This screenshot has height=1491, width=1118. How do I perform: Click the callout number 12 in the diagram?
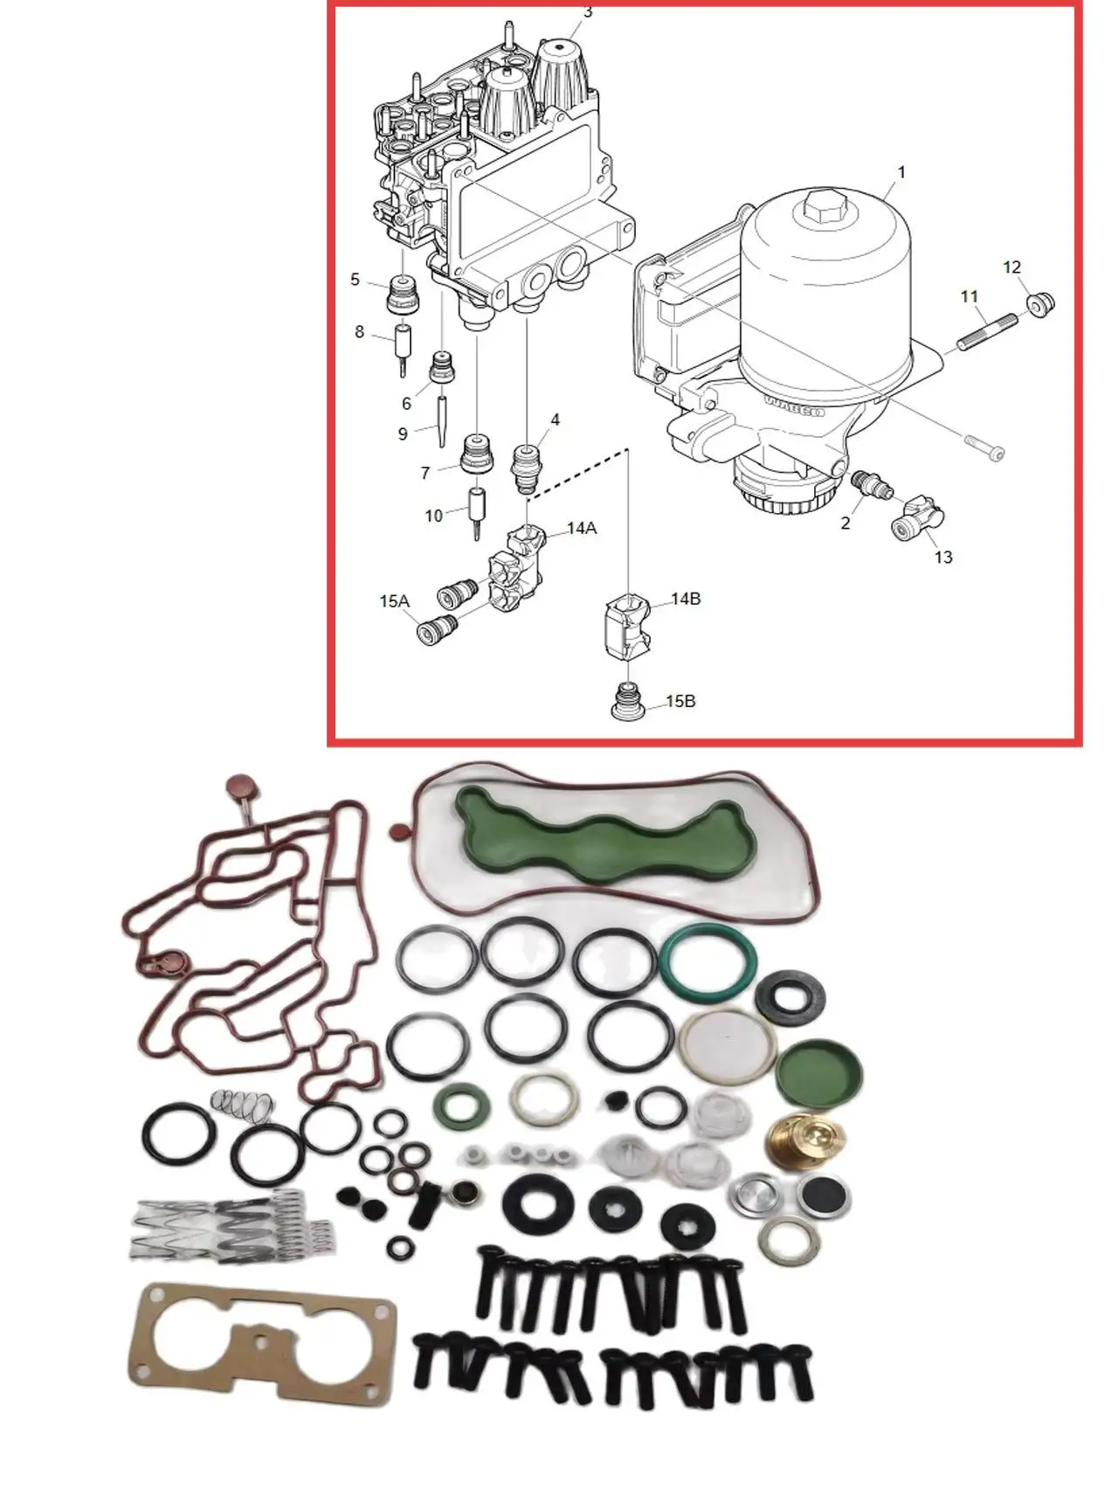(1011, 267)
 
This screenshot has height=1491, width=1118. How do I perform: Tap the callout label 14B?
(686, 600)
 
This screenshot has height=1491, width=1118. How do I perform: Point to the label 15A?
(394, 601)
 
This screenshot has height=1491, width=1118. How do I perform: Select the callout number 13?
(943, 557)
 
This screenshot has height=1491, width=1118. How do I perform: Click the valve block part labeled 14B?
(628, 625)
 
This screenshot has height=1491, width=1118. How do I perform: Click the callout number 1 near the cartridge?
(901, 172)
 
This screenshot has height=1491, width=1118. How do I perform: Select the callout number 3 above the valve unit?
(588, 12)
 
